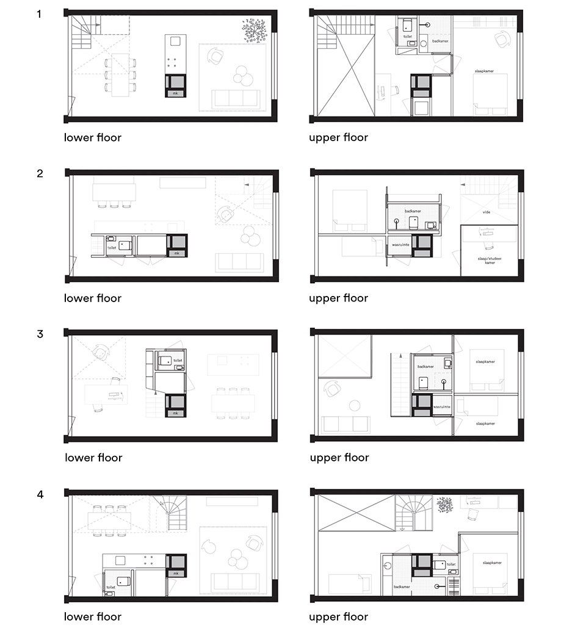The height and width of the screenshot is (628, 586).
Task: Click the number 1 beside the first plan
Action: (40, 13)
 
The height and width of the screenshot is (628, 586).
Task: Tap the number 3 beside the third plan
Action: (40, 334)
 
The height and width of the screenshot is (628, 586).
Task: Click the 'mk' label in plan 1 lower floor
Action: (176, 93)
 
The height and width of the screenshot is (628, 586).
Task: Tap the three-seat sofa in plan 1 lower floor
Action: (235, 99)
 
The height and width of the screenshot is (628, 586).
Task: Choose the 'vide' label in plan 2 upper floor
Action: (487, 212)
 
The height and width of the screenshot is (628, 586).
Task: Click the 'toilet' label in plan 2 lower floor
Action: (112, 248)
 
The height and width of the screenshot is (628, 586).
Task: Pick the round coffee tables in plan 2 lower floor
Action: (248, 236)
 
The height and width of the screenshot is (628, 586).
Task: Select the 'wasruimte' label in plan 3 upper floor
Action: (441, 406)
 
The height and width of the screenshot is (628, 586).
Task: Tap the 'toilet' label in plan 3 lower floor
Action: (178, 361)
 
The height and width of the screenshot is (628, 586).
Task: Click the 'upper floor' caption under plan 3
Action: (339, 458)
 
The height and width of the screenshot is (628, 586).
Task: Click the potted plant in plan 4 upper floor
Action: (444, 505)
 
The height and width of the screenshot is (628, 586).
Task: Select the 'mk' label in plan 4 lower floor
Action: (176, 574)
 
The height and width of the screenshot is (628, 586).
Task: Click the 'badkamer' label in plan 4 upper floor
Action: (401, 587)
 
